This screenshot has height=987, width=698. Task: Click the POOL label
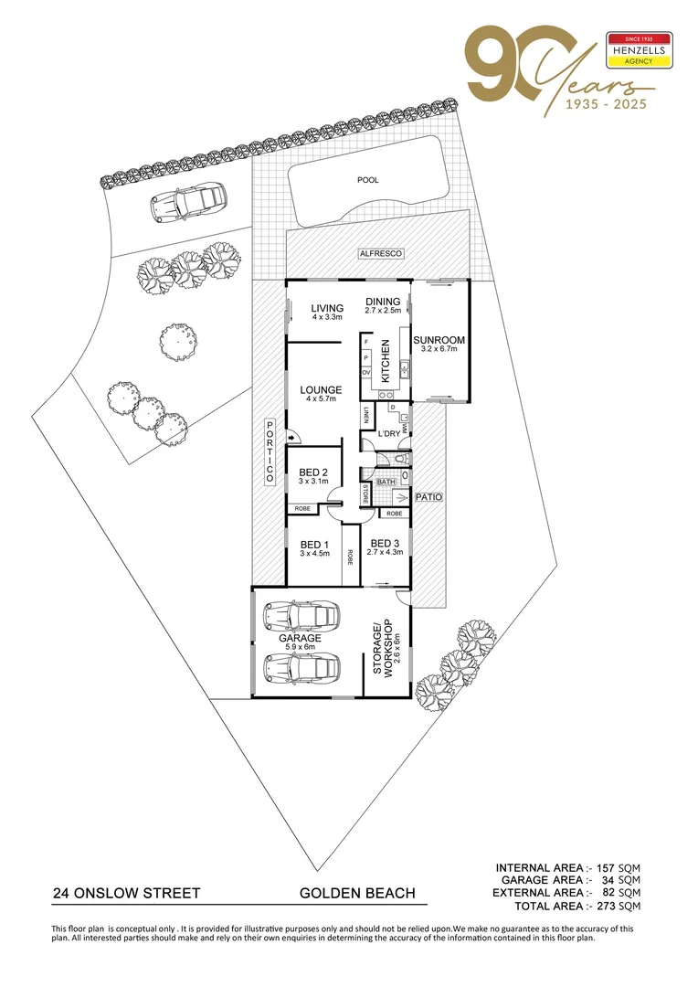pyautogui.click(x=367, y=181)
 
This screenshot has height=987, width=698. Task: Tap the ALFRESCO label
pyautogui.click(x=379, y=253)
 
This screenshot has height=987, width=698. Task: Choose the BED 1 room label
pyautogui.click(x=313, y=546)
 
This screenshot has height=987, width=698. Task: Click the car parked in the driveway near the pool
pyautogui.click(x=189, y=201)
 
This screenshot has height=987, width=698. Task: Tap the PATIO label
pyautogui.click(x=428, y=498)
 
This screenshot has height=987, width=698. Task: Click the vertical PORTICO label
pyautogui.click(x=270, y=452)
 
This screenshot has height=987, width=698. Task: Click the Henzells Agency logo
pyautogui.click(x=640, y=52)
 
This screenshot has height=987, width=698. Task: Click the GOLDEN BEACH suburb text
pyautogui.click(x=357, y=893)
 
